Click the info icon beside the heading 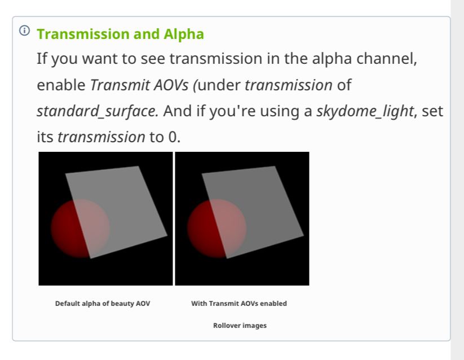pos(25,30)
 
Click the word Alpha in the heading pos(183,34)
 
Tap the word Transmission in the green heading pos(83,34)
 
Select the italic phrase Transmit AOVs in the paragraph pos(139,85)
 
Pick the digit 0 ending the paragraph pos(172,137)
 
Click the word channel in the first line pos(386,58)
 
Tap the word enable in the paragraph pos(61,85)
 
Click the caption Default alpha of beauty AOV pos(103,304)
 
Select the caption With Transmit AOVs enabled pos(239,304)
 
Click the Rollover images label pos(240,326)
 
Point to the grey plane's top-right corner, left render pos(138,166)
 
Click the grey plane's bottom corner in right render pos(227,258)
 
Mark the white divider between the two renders pos(174,218)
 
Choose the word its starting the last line pos(45,137)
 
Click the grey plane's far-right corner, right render pos(304,236)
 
